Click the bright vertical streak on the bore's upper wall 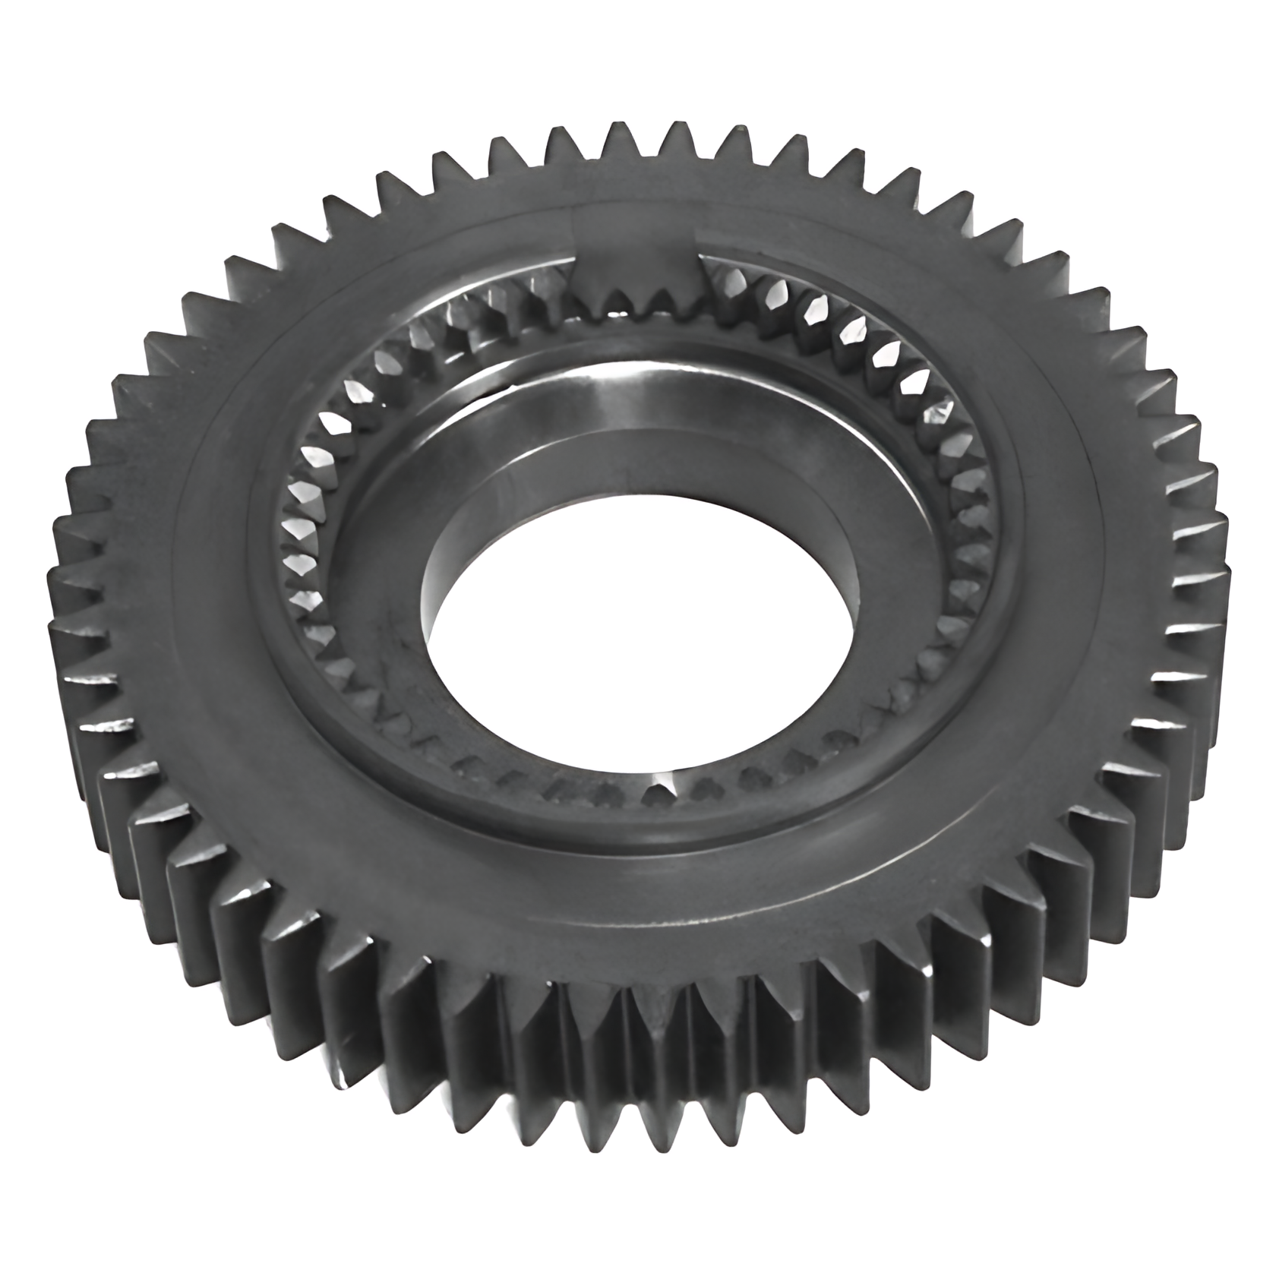click(x=608, y=395)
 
